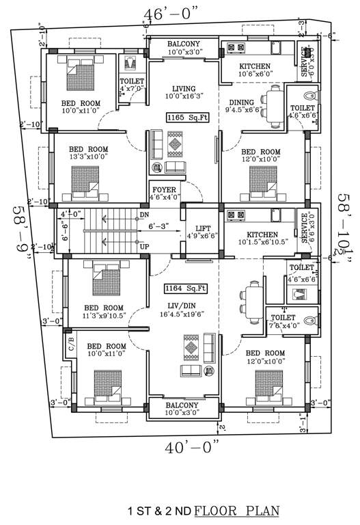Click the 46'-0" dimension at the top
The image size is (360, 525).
pos(170,14)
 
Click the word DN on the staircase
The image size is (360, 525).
pos(143,214)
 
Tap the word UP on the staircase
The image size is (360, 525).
pos(143,245)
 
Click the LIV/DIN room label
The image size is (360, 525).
pos(184,308)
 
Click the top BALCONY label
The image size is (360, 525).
pos(184,44)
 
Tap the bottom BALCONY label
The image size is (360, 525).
pos(184,405)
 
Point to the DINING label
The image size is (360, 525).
pos(242,103)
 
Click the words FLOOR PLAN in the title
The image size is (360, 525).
pos(236,511)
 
